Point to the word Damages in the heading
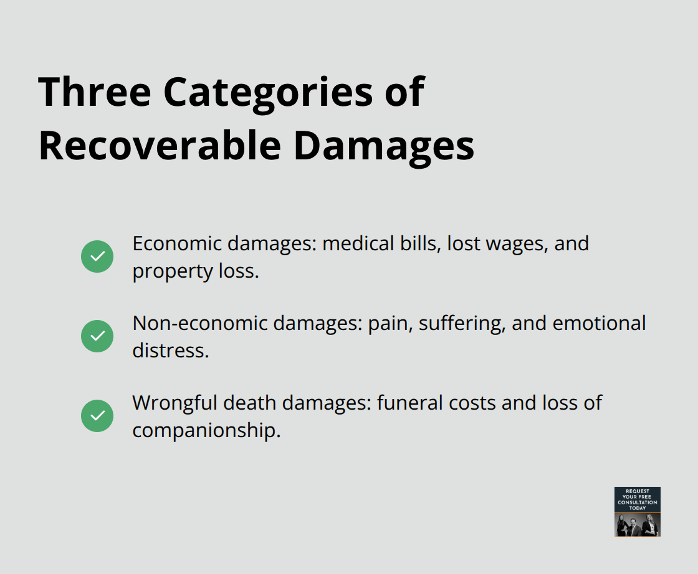pyautogui.click(x=384, y=146)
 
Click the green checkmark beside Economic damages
pyautogui.click(x=97, y=256)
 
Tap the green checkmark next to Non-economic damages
pyautogui.click(x=97, y=336)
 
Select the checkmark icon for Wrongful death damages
pyautogui.click(x=97, y=416)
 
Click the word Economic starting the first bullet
pyautogui.click(x=177, y=243)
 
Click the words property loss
pyautogui.click(x=195, y=271)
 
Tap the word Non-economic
pyautogui.click(x=198, y=323)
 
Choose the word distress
pyautogui.click(x=170, y=351)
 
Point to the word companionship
pyautogui.click(x=206, y=430)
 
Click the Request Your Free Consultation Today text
pyautogui.click(x=637, y=499)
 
